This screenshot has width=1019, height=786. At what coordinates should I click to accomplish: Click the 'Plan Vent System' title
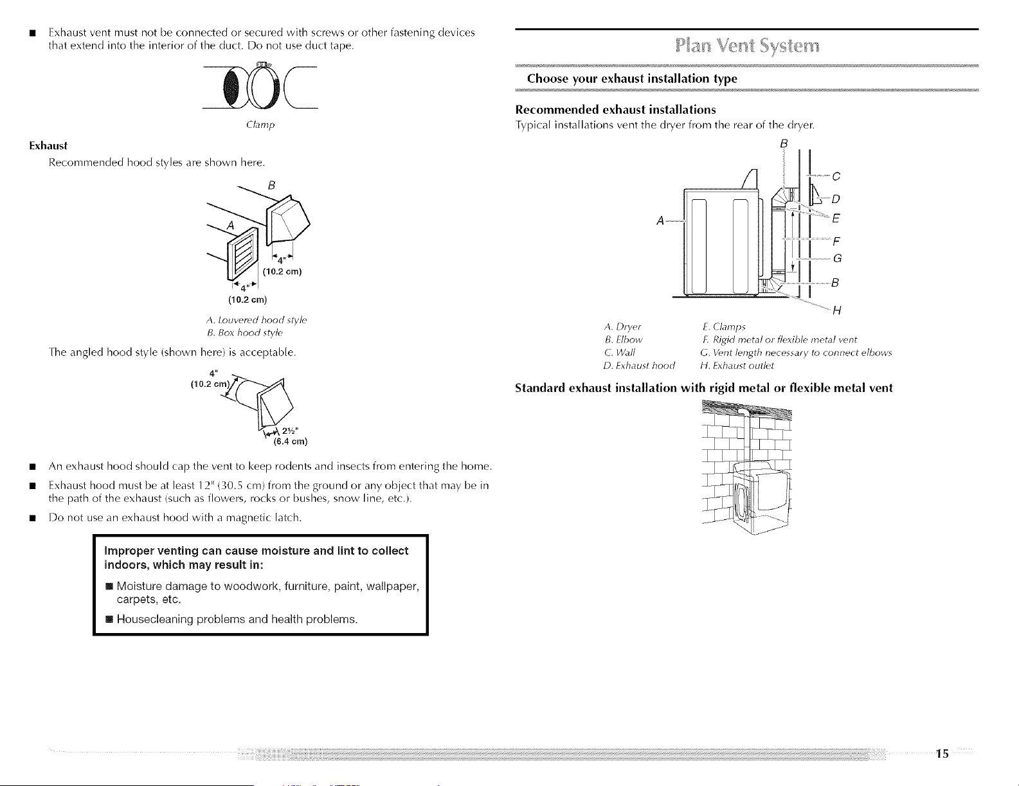tap(748, 46)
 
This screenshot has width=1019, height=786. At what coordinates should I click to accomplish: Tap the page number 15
tap(942, 754)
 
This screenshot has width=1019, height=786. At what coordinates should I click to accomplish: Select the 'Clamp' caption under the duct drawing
tap(260, 125)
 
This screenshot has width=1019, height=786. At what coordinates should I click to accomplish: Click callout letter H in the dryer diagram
tap(837, 310)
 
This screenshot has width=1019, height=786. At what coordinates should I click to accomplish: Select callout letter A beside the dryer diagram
tap(660, 220)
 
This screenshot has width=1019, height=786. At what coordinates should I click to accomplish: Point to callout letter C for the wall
tap(836, 176)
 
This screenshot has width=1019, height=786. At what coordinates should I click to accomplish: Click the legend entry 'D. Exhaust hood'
tap(639, 366)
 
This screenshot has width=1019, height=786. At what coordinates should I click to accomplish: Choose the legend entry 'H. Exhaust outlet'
tap(737, 366)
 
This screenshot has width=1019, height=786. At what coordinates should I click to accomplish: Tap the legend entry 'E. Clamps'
tap(724, 326)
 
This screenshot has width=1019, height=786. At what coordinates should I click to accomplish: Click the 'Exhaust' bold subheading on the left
tap(48, 146)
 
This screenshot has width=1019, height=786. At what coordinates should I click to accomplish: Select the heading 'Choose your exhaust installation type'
tap(632, 78)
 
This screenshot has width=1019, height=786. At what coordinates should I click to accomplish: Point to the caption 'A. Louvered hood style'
tap(256, 320)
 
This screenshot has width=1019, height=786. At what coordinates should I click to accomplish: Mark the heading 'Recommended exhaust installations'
tap(616, 110)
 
